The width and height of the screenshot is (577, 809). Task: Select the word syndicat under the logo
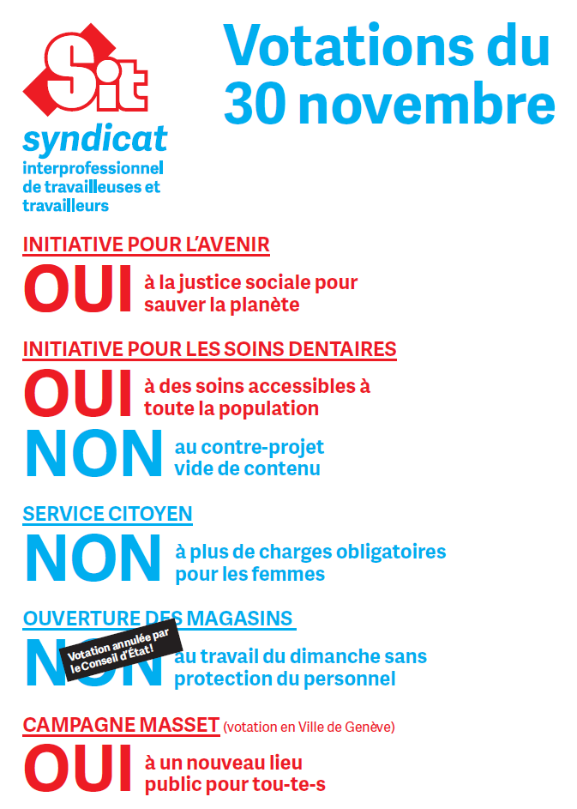(94, 140)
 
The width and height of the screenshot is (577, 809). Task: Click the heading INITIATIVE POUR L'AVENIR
(146, 245)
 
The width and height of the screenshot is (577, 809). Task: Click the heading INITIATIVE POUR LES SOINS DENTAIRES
(209, 349)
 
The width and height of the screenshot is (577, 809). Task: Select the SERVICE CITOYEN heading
(107, 514)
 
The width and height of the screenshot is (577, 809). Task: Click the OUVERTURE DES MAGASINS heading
(158, 619)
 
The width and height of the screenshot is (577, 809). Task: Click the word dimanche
(327, 657)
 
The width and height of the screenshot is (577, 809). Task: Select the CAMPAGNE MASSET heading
(121, 725)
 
